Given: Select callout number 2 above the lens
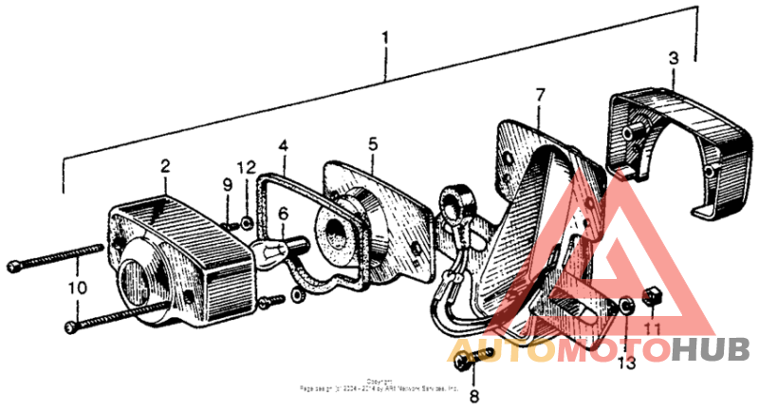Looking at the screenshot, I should [165, 166].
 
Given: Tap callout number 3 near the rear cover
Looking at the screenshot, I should [673, 58].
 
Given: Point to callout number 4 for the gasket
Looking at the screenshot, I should [283, 146].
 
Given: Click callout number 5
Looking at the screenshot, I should [373, 143].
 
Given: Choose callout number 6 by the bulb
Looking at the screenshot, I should [282, 215].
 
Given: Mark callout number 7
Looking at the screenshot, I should [540, 95].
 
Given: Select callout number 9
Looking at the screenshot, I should [228, 183].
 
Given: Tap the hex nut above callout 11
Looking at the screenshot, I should [651, 300].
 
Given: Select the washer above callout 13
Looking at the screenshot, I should [626, 307].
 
